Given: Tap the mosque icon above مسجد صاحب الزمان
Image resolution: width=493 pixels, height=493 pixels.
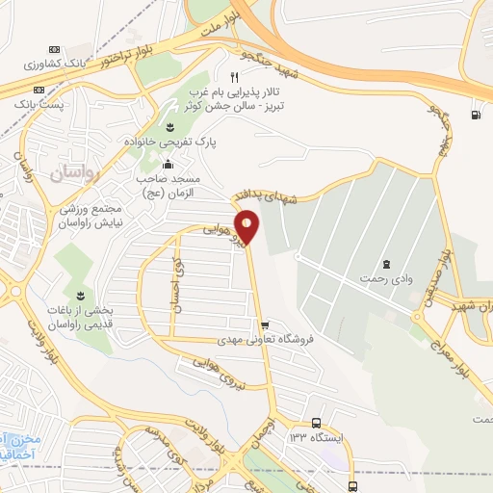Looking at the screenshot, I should [x=169, y=164].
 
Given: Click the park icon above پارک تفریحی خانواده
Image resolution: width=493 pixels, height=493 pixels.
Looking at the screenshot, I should [x=169, y=127].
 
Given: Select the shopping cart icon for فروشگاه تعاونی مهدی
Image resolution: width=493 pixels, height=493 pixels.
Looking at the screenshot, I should [x=265, y=324].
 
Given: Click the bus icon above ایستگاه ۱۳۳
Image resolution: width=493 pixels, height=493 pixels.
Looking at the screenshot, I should [x=317, y=423].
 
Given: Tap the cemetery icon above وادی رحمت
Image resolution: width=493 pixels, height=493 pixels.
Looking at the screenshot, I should [x=386, y=264].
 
